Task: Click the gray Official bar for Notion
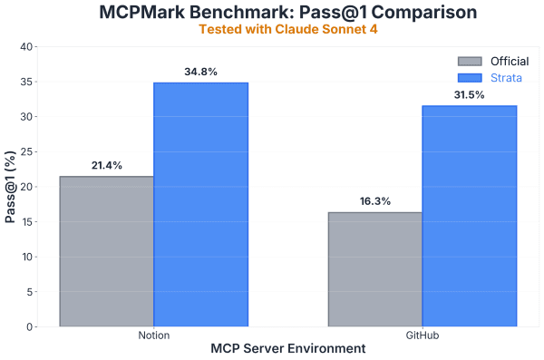[x=106, y=251]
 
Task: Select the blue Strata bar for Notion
[x=200, y=204]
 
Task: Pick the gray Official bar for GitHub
[x=374, y=269]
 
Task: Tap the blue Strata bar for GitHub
[x=469, y=216]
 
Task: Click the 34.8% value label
[x=200, y=72]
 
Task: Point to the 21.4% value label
[x=106, y=166]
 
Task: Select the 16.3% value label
[x=374, y=201]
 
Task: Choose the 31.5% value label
[x=469, y=95]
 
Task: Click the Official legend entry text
[x=509, y=61]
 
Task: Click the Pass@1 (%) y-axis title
[x=10, y=187]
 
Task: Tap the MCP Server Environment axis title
[x=287, y=349]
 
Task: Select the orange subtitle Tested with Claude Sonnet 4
[x=287, y=29]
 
